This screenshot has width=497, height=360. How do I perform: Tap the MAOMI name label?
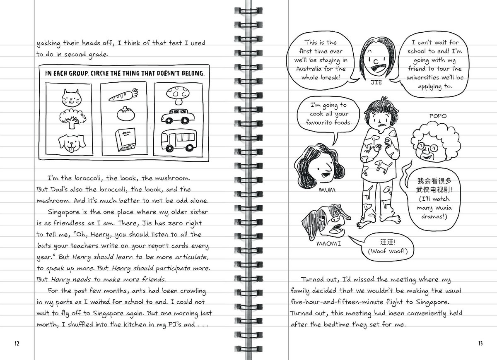coord(328,243)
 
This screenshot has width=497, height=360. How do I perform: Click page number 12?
coord(17,343)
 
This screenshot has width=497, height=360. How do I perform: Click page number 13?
coord(480,343)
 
